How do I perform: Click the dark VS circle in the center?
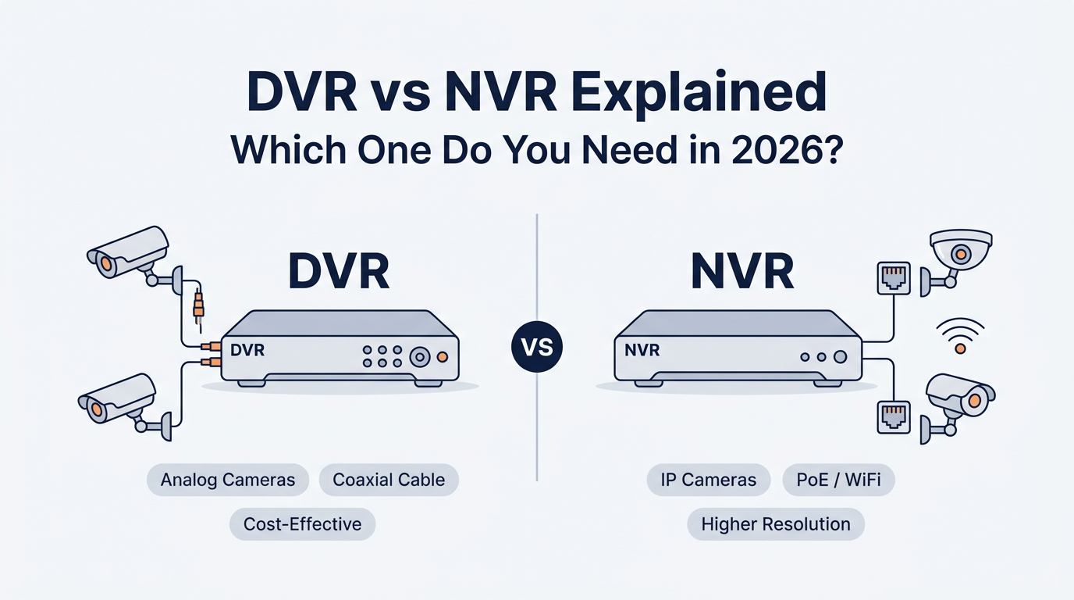coord(537,347)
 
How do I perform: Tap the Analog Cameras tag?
coord(228,479)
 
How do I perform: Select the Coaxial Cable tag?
coord(389,479)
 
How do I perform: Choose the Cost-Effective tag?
coord(302,523)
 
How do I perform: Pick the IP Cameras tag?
coord(709,479)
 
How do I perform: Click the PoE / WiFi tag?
coord(838,479)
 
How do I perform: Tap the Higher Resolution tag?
coord(776,523)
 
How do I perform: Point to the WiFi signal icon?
coord(960,336)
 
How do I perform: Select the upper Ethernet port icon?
coord(893,277)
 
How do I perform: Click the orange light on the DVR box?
coord(443,356)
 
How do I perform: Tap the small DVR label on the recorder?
coord(247,350)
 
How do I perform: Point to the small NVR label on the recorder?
coord(642,350)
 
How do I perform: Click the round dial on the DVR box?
coord(420,357)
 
